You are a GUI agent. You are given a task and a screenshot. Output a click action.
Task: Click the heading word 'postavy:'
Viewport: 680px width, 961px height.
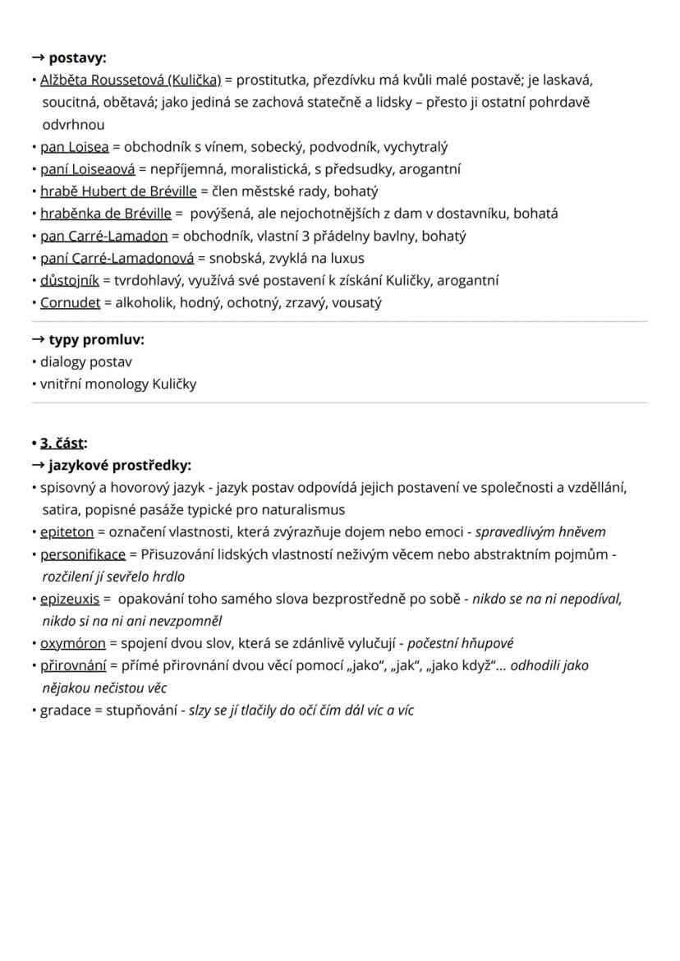pyautogui.click(x=77, y=57)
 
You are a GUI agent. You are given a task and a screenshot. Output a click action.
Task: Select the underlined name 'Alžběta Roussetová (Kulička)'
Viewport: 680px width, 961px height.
pyautogui.click(x=131, y=80)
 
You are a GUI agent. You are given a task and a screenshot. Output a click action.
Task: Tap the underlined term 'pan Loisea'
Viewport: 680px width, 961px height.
pyautogui.click(x=74, y=147)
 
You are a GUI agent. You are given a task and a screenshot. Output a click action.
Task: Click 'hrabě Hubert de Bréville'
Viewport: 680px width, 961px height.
pyautogui.click(x=118, y=191)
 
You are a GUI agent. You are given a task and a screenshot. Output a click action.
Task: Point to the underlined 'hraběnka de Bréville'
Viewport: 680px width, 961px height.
pyautogui.click(x=106, y=214)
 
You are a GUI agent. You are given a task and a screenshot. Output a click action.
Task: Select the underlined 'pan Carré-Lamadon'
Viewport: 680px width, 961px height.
pyautogui.click(x=103, y=236)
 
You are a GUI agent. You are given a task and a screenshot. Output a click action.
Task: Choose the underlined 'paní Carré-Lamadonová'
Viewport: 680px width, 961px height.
pyautogui.click(x=117, y=258)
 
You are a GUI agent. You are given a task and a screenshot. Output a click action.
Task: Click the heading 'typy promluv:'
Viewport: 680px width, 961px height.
pyautogui.click(x=96, y=339)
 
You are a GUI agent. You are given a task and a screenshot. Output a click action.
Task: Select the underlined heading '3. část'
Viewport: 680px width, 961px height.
pyautogui.click(x=62, y=443)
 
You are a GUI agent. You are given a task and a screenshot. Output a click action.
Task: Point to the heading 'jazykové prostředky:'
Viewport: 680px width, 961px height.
pyautogui.click(x=119, y=466)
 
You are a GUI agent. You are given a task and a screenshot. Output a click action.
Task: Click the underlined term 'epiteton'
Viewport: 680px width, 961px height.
pyautogui.click(x=67, y=532)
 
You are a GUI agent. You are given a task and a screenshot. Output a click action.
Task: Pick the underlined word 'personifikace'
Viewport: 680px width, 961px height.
pyautogui.click(x=83, y=554)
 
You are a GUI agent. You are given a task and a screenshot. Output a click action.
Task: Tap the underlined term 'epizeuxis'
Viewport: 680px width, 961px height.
pyautogui.click(x=69, y=599)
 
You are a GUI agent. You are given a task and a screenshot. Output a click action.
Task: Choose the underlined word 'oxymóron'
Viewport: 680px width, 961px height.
pyautogui.click(x=72, y=643)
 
